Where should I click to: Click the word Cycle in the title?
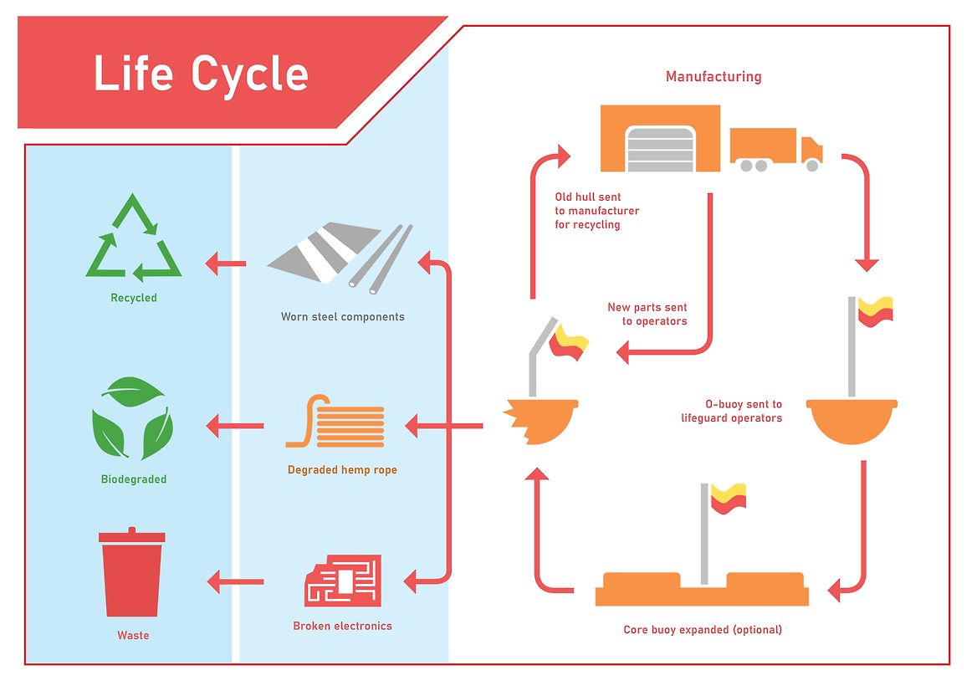250,74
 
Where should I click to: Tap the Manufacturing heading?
714,77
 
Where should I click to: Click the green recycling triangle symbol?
133,238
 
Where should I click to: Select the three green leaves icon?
133,418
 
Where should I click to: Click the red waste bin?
132,572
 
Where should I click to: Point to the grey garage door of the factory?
661,149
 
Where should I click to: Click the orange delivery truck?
776,150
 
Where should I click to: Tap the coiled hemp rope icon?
336,421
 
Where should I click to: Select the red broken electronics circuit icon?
343,581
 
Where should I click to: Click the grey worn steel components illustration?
340,258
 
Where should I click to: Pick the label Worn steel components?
343,316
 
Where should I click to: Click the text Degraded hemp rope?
342,470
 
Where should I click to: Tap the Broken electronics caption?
343,627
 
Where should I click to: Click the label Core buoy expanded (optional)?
703,630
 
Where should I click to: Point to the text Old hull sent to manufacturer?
597,204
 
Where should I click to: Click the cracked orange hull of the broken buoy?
541,422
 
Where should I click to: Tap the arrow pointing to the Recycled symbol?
226,264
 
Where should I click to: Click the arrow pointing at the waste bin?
235,582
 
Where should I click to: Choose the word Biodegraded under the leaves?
134,479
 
